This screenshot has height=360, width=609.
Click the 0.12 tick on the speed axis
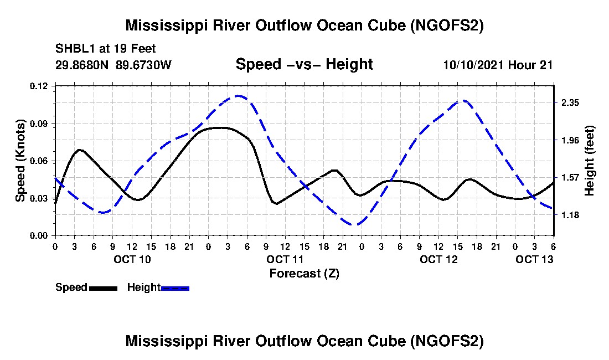[x=39, y=86]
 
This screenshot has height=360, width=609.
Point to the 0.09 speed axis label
[x=39, y=124]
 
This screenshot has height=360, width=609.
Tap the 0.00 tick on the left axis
[x=39, y=236]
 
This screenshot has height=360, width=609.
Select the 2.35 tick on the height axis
[x=570, y=102]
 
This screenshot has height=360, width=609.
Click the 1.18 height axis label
[x=570, y=215]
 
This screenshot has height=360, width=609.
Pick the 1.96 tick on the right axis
[x=570, y=140]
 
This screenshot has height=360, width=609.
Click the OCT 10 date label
[x=132, y=259]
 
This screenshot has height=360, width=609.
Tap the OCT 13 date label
[x=534, y=259]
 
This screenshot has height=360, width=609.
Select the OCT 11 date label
[x=285, y=259]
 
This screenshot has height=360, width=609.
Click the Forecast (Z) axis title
[x=304, y=274]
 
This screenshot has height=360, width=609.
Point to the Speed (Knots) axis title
[x=20, y=161]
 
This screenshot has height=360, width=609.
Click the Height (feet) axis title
[x=589, y=161]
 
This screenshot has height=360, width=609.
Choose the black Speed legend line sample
[x=104, y=288]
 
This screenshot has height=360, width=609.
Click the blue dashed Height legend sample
[x=175, y=288]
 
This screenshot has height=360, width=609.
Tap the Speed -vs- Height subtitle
[x=304, y=64]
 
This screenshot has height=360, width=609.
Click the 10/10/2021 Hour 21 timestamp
[x=498, y=65]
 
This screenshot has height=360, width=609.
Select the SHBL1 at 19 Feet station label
[x=105, y=49]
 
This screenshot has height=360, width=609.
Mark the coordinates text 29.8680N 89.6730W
[x=113, y=65]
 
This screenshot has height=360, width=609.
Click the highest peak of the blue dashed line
[x=239, y=96]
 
